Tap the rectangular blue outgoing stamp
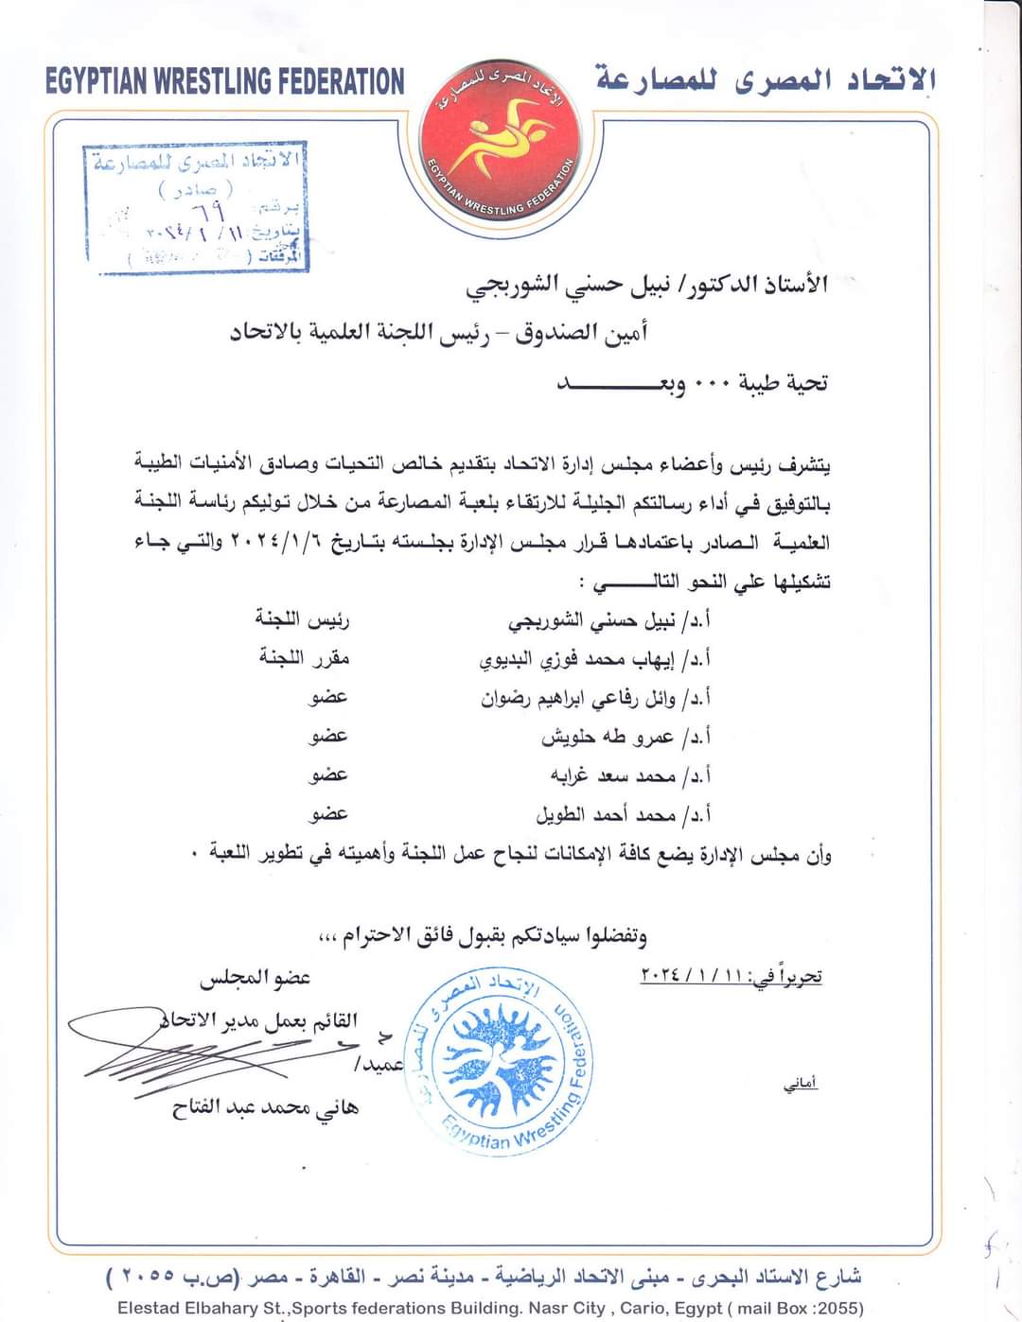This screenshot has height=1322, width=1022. click(196, 209)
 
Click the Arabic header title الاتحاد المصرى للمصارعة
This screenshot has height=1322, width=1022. click(765, 81)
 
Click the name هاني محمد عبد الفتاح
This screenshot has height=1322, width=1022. click(266, 1107)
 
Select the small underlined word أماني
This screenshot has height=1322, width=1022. click(802, 1085)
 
